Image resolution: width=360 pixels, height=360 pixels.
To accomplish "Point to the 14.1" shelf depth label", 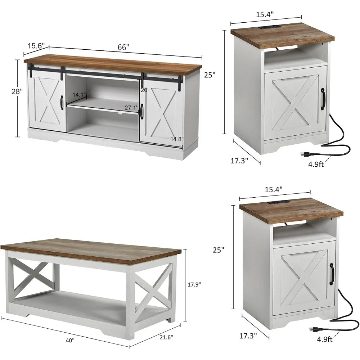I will pyautogui.click(x=79, y=95).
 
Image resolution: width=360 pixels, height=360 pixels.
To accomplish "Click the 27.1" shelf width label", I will pyautogui.click(x=131, y=107).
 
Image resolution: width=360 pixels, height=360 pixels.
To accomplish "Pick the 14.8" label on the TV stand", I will pyautogui.click(x=177, y=139).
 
